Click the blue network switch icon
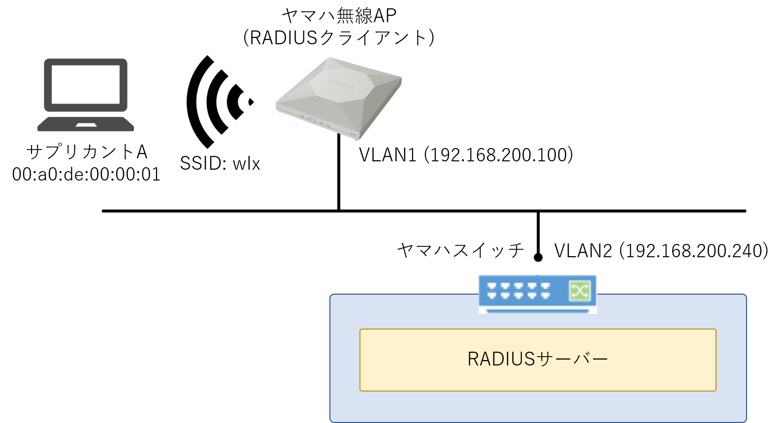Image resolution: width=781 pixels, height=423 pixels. point(538,294)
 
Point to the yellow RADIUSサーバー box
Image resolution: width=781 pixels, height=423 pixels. point(538,360)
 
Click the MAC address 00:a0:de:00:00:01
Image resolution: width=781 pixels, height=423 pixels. point(87,175)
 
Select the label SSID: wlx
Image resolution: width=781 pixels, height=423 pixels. point(220,163)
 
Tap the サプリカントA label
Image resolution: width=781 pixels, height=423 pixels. point(87,152)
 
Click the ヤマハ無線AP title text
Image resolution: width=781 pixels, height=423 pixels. point(339,16)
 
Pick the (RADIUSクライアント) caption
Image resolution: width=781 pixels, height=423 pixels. point(339,38)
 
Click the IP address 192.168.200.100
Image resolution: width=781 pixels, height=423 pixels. point(501,155)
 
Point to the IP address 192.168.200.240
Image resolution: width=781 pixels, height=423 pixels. point(694,251)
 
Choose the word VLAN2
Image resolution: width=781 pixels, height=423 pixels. point(583,251)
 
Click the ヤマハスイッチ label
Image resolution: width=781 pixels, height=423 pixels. point(460,251)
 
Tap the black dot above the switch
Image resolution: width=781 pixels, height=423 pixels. point(538,257)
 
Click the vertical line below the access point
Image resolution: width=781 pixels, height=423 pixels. point(339,172)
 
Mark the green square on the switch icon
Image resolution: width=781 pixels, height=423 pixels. point(580,291)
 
